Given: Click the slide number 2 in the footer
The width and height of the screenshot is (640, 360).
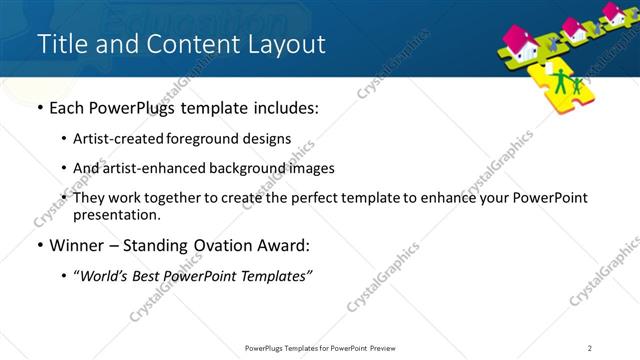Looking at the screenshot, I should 590,348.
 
